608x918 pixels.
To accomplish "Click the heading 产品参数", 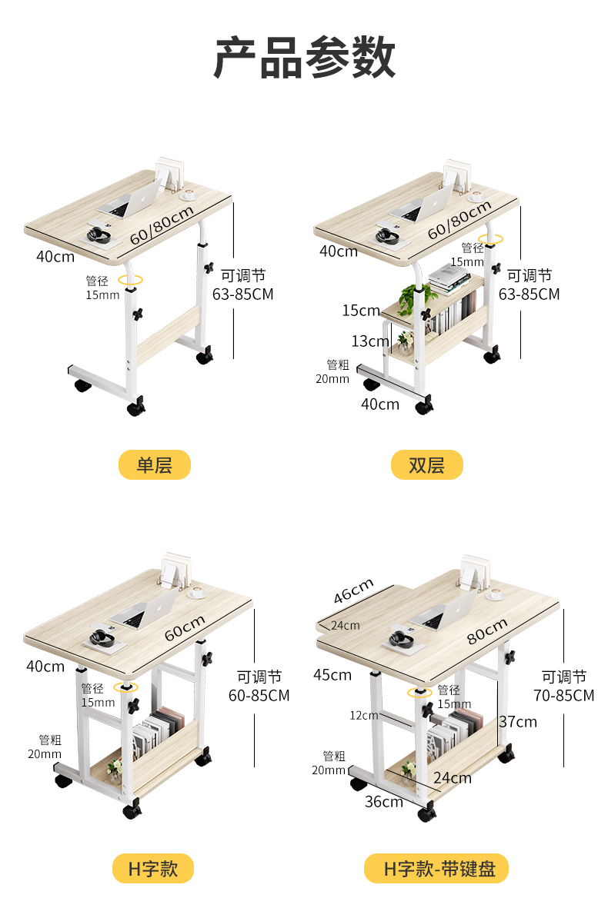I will [304, 58].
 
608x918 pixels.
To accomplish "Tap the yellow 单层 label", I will [154, 464].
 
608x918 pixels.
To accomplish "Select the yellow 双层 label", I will [426, 464].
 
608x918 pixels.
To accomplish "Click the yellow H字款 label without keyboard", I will [152, 869].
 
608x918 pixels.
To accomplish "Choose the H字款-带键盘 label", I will [436, 869].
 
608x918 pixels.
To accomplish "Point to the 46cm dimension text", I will [354, 591].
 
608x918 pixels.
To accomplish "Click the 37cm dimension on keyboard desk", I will [518, 721].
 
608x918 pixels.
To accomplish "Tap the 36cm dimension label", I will [384, 801].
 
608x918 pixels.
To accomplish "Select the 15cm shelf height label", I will [362, 311].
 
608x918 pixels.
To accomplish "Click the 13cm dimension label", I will [370, 341].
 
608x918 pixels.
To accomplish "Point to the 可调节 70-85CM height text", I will [564, 686].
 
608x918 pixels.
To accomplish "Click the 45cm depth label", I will [332, 674].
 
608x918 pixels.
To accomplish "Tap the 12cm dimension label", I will [364, 715].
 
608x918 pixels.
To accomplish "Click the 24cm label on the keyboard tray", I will [345, 625].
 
